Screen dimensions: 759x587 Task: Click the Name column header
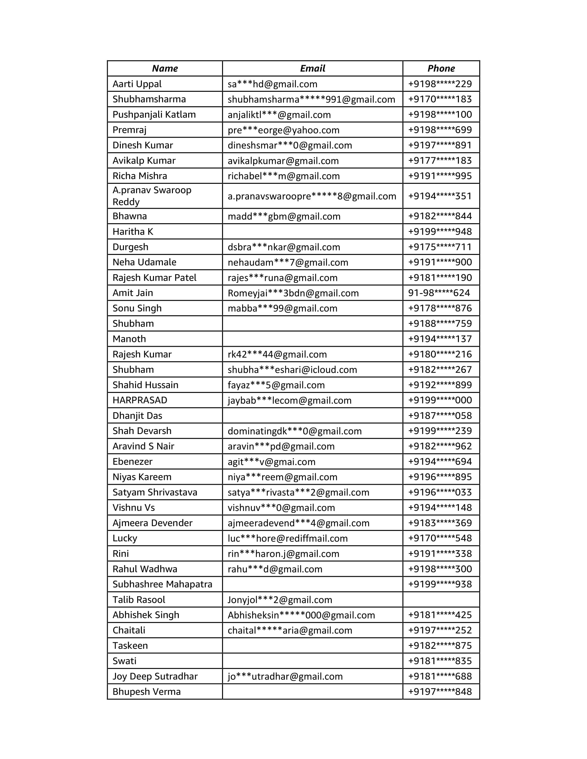click(x=165, y=68)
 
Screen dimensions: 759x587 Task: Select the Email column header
click(x=312, y=68)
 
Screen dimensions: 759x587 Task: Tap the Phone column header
click(x=441, y=68)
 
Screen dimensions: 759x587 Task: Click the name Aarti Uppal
click(x=137, y=84)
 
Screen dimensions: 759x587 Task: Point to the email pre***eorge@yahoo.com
click(x=283, y=130)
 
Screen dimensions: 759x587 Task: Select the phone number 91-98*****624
click(x=439, y=293)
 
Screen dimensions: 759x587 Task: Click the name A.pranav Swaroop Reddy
click(x=152, y=196)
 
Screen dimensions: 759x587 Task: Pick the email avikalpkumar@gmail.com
click(x=283, y=160)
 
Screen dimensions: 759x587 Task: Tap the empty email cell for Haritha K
click(x=312, y=231)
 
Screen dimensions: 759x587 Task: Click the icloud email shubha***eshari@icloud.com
click(x=292, y=369)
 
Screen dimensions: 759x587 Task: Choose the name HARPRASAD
click(x=140, y=400)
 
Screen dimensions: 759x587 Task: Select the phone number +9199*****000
click(x=440, y=400)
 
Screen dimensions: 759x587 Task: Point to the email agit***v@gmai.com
click(x=271, y=462)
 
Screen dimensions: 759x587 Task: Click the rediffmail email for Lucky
click(x=288, y=538)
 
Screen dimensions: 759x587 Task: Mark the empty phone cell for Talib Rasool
click(x=441, y=600)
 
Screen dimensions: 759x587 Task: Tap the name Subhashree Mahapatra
click(x=162, y=584)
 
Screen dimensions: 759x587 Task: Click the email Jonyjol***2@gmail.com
click(x=280, y=600)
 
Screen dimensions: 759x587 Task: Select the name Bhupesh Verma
click(x=146, y=692)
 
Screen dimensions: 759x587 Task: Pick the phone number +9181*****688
click(x=440, y=676)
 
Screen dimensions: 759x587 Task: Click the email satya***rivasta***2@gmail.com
click(x=298, y=492)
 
